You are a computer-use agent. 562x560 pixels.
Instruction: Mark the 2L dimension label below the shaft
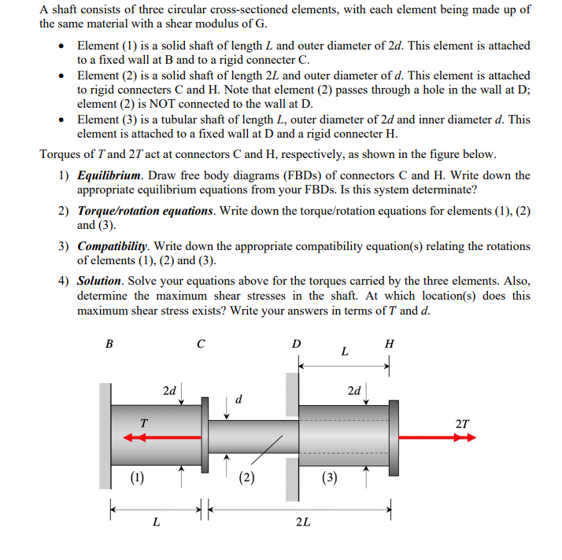point(302,521)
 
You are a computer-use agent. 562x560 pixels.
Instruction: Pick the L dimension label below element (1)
point(157,521)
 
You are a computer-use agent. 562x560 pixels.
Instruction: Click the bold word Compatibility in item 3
point(116,246)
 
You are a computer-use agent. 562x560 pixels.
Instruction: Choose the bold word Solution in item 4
point(99,281)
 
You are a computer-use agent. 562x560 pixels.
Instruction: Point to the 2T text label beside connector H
point(463,424)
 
